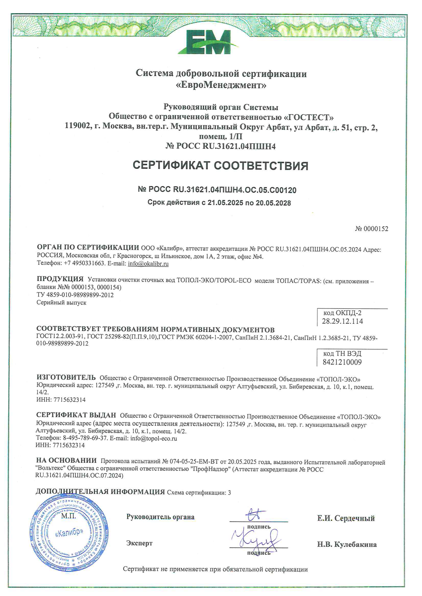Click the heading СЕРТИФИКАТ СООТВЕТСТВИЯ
(x=220, y=166)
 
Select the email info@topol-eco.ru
(x=154, y=438)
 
